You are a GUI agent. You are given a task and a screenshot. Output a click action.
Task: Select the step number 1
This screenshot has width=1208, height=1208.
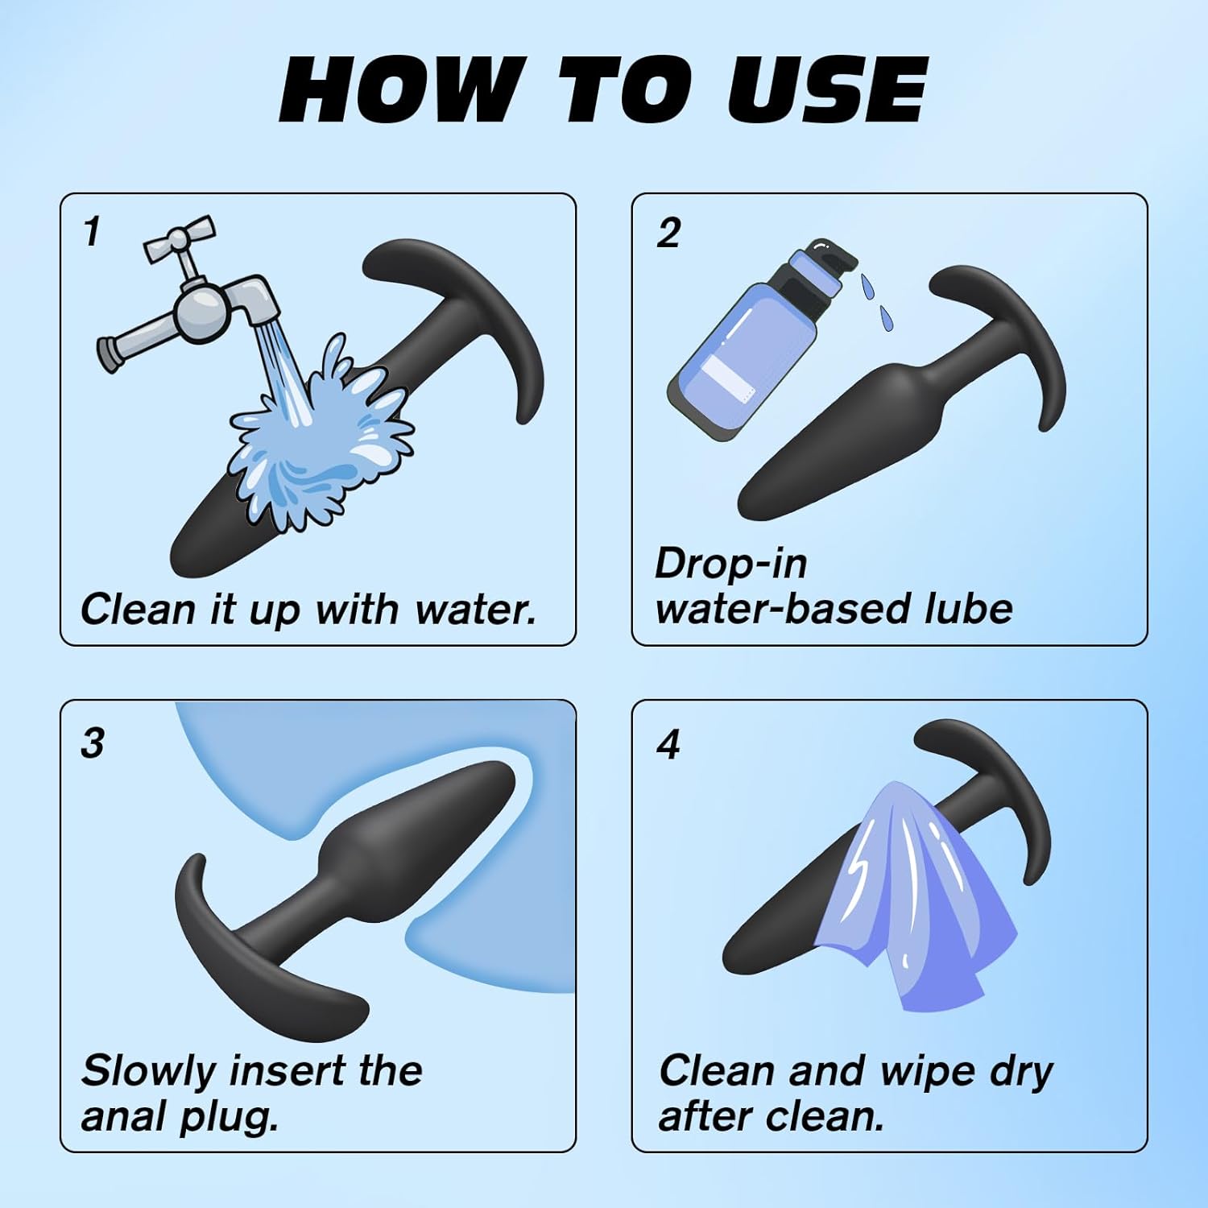[92, 232]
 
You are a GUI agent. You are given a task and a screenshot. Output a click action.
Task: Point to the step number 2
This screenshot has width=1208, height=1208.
[668, 233]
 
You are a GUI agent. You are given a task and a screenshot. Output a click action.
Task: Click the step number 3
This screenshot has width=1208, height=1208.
[93, 743]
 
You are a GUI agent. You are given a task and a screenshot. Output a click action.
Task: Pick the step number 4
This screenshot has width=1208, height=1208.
[668, 745]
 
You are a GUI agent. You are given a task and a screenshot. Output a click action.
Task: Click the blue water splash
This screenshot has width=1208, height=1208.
[318, 435]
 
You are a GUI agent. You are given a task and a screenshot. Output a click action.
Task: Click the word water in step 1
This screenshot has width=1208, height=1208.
[475, 610]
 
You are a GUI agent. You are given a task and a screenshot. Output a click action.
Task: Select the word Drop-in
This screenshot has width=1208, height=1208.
[730, 565]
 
